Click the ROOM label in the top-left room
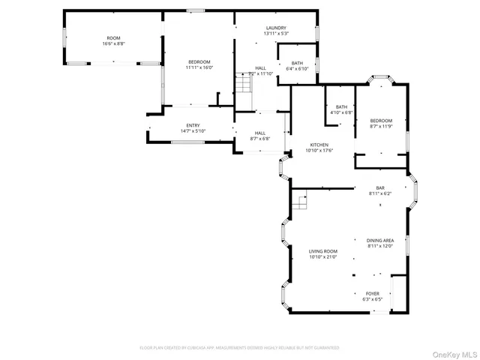click(x=113, y=37)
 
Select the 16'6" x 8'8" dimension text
click(x=113, y=43)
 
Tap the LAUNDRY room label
click(x=275, y=28)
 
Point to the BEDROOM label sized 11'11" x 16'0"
click(x=199, y=61)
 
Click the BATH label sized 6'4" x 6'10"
click(x=298, y=63)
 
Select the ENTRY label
click(x=193, y=125)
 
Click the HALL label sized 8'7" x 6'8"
click(x=260, y=133)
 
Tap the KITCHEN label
click(x=319, y=145)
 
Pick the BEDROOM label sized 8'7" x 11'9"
click(x=380, y=120)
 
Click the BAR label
click(x=380, y=187)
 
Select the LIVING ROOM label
click(x=323, y=251)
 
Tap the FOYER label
click(x=372, y=293)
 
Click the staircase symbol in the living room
click(x=300, y=202)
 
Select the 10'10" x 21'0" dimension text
click(x=323, y=257)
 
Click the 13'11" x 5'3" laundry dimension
click(x=275, y=34)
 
